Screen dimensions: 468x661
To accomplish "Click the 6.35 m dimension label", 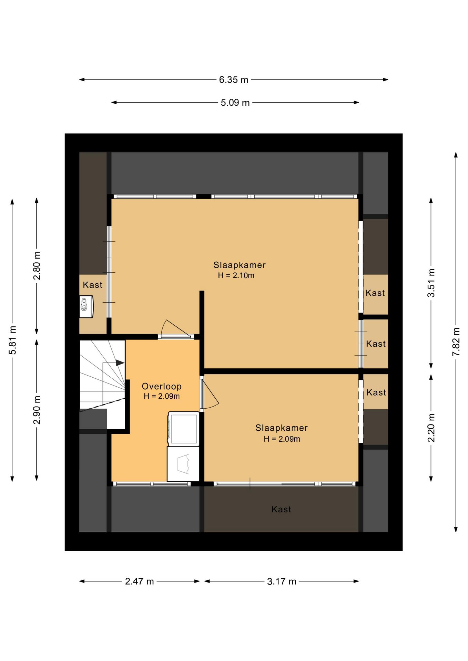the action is point(234,80).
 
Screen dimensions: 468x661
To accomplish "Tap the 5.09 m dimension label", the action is point(235,103).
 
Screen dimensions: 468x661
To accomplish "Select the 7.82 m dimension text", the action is point(456,342).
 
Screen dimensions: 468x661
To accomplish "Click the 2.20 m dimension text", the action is point(431,428).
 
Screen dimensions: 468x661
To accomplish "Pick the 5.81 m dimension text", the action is point(12,340).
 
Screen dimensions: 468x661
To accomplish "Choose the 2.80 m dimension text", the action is point(37,265).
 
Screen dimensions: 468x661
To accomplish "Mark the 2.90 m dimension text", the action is point(37,410).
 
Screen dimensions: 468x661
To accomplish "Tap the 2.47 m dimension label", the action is point(139,581).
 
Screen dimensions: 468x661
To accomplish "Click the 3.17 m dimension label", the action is point(282,581).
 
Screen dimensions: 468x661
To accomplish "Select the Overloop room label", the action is point(162,387).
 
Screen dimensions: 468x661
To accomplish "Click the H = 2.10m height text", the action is point(236,275).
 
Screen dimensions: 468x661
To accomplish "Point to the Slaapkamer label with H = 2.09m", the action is point(282,428).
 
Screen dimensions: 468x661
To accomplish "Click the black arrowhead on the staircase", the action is point(120,363).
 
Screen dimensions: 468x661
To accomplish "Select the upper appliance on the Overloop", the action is point(183,429).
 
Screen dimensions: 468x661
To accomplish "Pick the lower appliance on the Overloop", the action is point(183,464).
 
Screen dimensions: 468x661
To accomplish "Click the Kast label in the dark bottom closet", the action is point(281,509).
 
